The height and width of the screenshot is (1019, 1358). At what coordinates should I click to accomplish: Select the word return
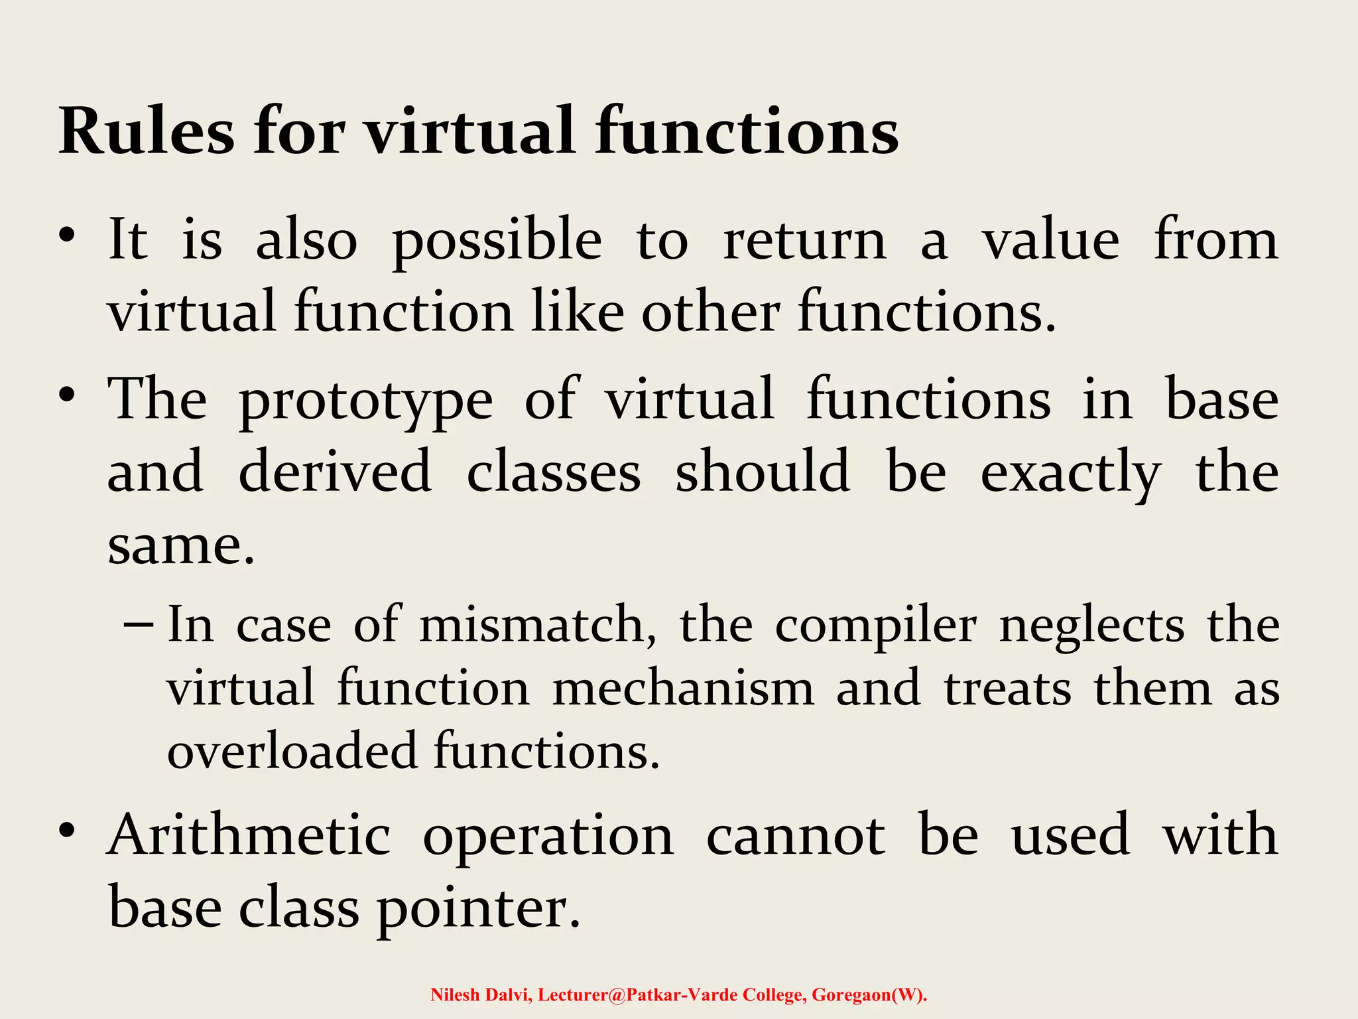(x=804, y=240)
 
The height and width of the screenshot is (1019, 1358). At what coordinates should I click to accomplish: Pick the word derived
(x=335, y=472)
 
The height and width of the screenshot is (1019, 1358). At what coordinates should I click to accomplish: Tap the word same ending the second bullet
(x=180, y=545)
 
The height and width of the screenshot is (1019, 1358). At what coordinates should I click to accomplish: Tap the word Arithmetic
(x=249, y=836)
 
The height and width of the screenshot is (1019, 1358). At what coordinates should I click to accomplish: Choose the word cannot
(x=795, y=836)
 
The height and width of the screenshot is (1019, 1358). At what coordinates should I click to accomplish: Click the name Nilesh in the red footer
(x=454, y=994)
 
